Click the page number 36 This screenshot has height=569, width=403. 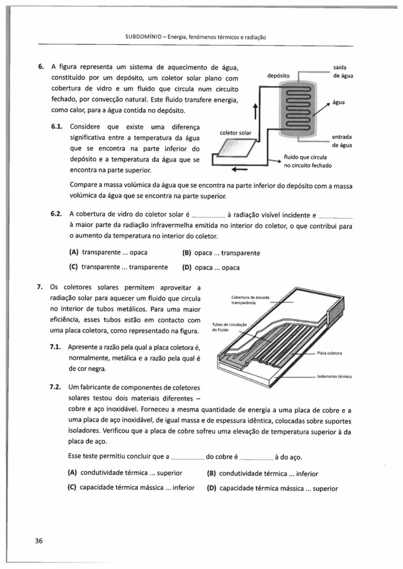pyautogui.click(x=39, y=541)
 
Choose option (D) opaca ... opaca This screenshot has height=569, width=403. pyautogui.click(x=211, y=267)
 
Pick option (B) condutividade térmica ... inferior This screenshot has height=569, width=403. pyautogui.click(x=262, y=473)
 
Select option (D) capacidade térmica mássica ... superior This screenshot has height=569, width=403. pyautogui.click(x=273, y=488)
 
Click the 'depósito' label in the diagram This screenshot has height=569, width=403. pyautogui.click(x=279, y=75)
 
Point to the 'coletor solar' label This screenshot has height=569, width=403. pyautogui.click(x=236, y=132)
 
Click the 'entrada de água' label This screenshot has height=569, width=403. pyautogui.click(x=342, y=141)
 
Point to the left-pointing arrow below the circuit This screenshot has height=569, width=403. pyautogui.click(x=240, y=170)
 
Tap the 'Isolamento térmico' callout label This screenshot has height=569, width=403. pyautogui.click(x=334, y=376)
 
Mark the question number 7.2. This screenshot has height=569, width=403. pyautogui.click(x=55, y=387)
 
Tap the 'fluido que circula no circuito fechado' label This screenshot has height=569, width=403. pyautogui.click(x=308, y=161)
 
